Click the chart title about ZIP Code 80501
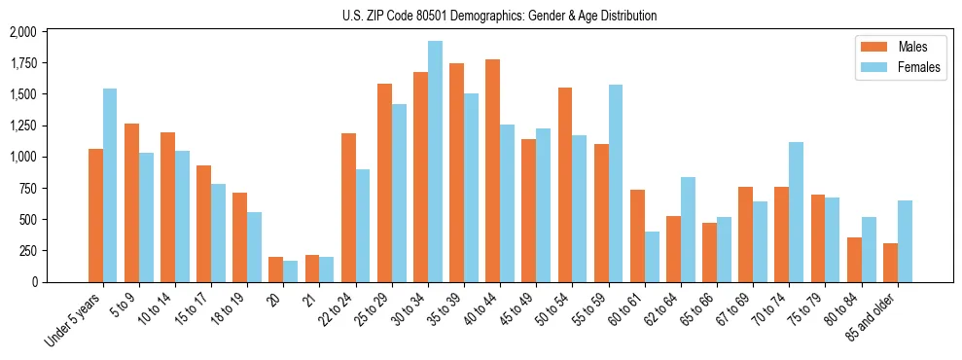click(499, 16)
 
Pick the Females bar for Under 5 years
click(110, 185)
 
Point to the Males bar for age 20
click(275, 270)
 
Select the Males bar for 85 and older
click(890, 263)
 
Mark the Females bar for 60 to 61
click(652, 257)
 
